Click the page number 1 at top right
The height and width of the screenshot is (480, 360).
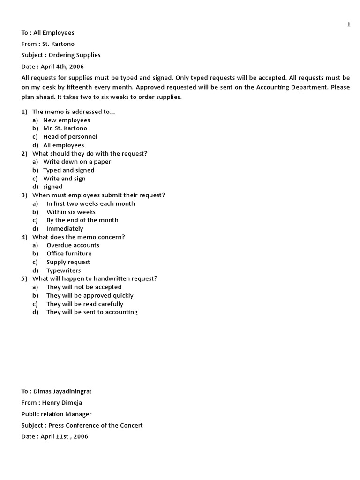pyautogui.click(x=349, y=24)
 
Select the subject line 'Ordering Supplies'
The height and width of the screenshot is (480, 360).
pyautogui.click(x=61, y=55)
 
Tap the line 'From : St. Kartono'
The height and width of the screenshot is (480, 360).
pyautogui.click(x=48, y=44)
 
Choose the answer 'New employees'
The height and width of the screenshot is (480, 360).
pyautogui.click(x=67, y=120)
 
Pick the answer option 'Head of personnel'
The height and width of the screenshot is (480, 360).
pyautogui.click(x=70, y=137)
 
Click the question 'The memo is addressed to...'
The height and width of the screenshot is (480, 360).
pyautogui.click(x=74, y=112)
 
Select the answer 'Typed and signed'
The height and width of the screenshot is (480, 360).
pyautogui.click(x=69, y=170)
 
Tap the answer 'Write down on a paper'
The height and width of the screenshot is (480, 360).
pyautogui.click(x=77, y=162)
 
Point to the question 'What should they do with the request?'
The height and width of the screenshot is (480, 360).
pyautogui.click(x=90, y=153)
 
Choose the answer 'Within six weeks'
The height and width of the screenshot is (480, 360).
pyautogui.click(x=71, y=212)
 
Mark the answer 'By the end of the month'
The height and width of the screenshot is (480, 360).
pyautogui.click(x=82, y=220)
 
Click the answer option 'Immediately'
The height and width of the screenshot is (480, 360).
pyautogui.click(x=65, y=229)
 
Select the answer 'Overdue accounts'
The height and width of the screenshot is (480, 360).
pyautogui.click(x=73, y=245)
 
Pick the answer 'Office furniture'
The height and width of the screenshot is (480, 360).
pyautogui.click(x=69, y=254)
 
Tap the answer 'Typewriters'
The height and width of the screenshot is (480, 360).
pyautogui.click(x=63, y=270)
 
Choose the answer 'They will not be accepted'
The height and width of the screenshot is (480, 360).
pyautogui.click(x=84, y=287)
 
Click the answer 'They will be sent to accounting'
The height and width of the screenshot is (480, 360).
pyautogui.click(x=92, y=312)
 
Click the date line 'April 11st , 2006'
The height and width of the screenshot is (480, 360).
pyautogui.click(x=54, y=436)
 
